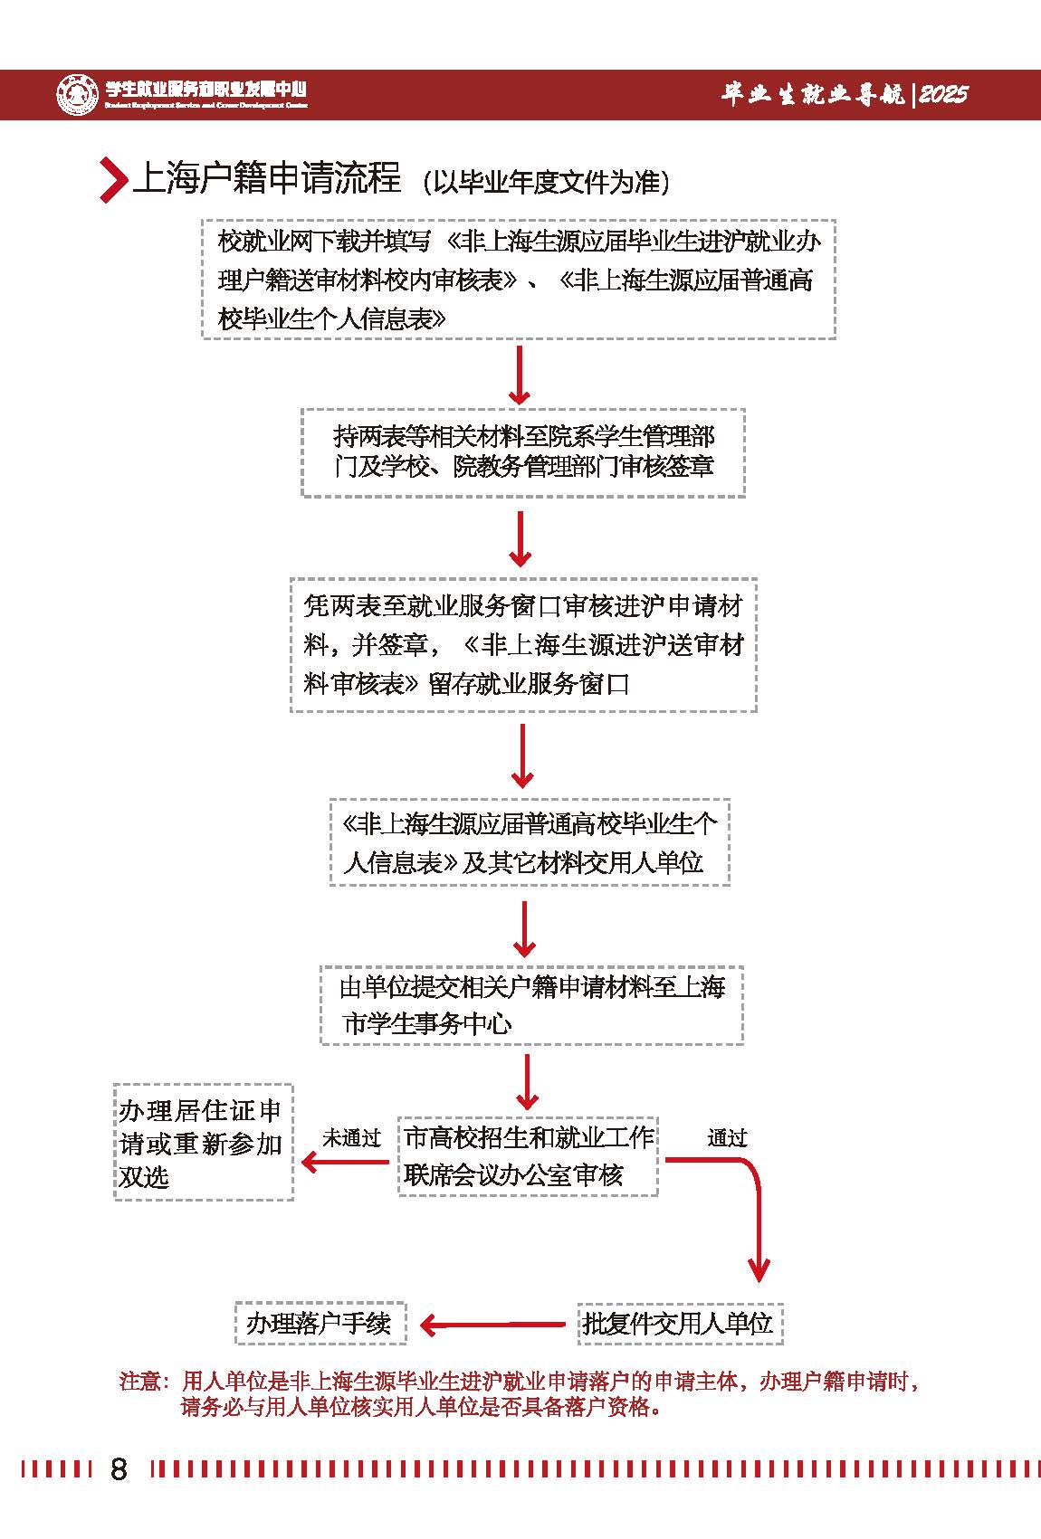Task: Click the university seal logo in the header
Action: [77, 94]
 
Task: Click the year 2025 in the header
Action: [943, 94]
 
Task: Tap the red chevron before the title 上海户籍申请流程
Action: [112, 179]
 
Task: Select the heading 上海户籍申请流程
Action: [267, 178]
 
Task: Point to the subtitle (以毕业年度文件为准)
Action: [546, 182]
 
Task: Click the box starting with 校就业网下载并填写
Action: [518, 279]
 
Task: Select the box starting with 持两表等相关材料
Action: [523, 451]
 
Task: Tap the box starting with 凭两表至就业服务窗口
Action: [523, 644]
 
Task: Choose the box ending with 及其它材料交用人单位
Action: [530, 842]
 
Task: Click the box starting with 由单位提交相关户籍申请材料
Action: [531, 1005]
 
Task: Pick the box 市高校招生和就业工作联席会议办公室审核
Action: [528, 1155]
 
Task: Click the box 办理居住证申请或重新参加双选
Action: [203, 1143]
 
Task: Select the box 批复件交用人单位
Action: [679, 1324]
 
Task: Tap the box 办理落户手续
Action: [320, 1324]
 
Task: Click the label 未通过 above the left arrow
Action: [351, 1138]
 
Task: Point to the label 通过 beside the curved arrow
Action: [727, 1138]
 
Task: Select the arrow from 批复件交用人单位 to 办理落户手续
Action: [493, 1325]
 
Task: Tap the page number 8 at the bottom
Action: [119, 1468]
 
